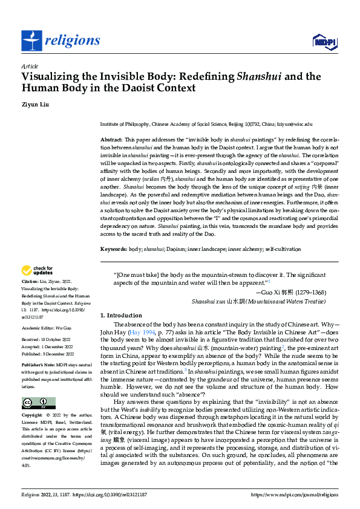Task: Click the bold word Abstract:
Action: pos(112,140)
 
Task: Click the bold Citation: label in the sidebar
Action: pos(31,282)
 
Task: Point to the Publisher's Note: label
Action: pos(38,366)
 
